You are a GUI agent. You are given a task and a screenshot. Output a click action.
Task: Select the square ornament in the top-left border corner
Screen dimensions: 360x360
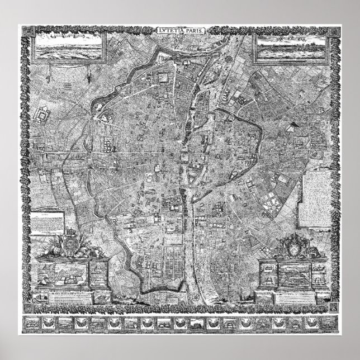(x=25, y=31)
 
